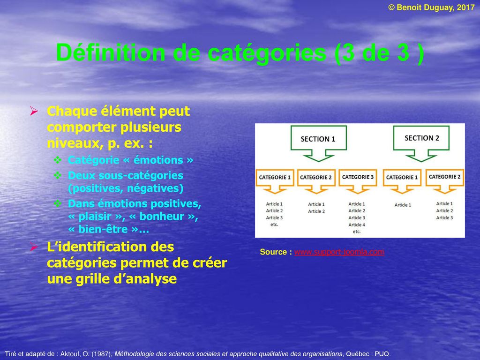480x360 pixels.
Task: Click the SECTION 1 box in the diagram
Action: pos(318,139)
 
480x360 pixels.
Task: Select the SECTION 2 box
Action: pos(421,138)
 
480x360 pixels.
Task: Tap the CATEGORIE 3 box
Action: pos(358,177)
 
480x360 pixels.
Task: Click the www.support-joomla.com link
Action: pos(339,252)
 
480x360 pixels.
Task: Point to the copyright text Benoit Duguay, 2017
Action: pos(431,7)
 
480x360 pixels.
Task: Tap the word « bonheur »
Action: pos(164,217)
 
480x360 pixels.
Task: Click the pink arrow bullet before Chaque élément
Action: pos(34,111)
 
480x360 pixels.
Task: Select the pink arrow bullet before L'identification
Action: pos(34,247)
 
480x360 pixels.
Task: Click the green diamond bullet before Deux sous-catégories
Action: pos(58,175)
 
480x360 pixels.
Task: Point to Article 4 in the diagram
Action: pos(357,225)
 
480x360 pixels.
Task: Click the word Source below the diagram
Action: pos(273,252)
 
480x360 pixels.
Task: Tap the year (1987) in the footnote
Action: pos(101,354)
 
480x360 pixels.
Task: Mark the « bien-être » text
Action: pos(103,229)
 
